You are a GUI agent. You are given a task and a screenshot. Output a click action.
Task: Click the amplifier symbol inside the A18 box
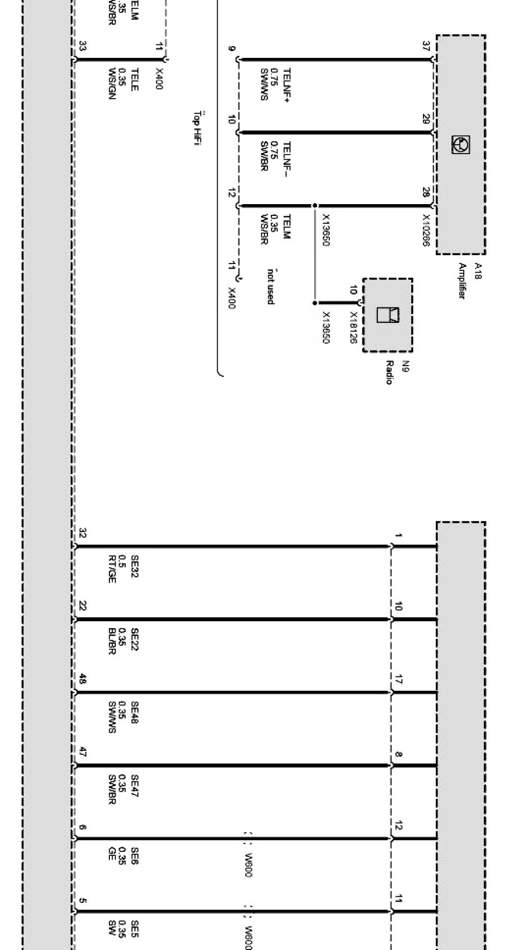click(460, 145)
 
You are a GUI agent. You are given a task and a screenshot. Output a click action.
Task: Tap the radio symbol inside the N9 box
click(388, 315)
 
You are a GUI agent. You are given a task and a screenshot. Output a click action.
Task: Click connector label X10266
click(426, 230)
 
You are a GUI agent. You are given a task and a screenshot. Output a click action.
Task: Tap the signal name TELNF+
click(287, 86)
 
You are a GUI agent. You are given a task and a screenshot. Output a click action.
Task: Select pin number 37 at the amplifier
click(426, 46)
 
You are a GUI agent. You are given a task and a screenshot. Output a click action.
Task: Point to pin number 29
click(426, 118)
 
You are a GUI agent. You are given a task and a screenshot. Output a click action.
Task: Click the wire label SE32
click(135, 567)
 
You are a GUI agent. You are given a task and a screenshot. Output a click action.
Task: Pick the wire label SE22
click(135, 640)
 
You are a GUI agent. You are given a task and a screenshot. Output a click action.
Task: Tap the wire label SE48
click(135, 713)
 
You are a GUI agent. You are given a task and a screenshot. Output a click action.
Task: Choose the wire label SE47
click(135, 786)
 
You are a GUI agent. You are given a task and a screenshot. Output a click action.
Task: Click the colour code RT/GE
click(112, 569)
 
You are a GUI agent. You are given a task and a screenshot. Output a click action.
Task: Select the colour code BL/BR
click(112, 642)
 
